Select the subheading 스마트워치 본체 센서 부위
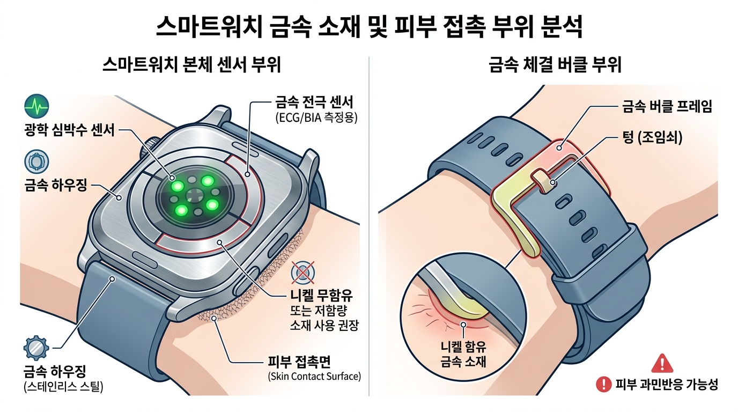[x=191, y=64]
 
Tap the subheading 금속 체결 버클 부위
[x=555, y=64]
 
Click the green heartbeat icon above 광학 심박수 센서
[x=36, y=106]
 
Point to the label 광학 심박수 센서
[x=70, y=130]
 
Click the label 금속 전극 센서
[x=314, y=102]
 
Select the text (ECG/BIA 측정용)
[x=316, y=117]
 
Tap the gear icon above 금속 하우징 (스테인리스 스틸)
[x=36, y=348]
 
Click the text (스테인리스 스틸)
[x=63, y=386]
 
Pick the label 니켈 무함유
[x=321, y=296]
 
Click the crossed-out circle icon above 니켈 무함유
[x=303, y=273]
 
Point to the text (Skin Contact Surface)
[x=315, y=376]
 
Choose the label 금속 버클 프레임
[x=667, y=106]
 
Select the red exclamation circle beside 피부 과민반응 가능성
[x=604, y=384]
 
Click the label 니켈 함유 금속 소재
[x=463, y=354]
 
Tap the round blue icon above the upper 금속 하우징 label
[x=36, y=162]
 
